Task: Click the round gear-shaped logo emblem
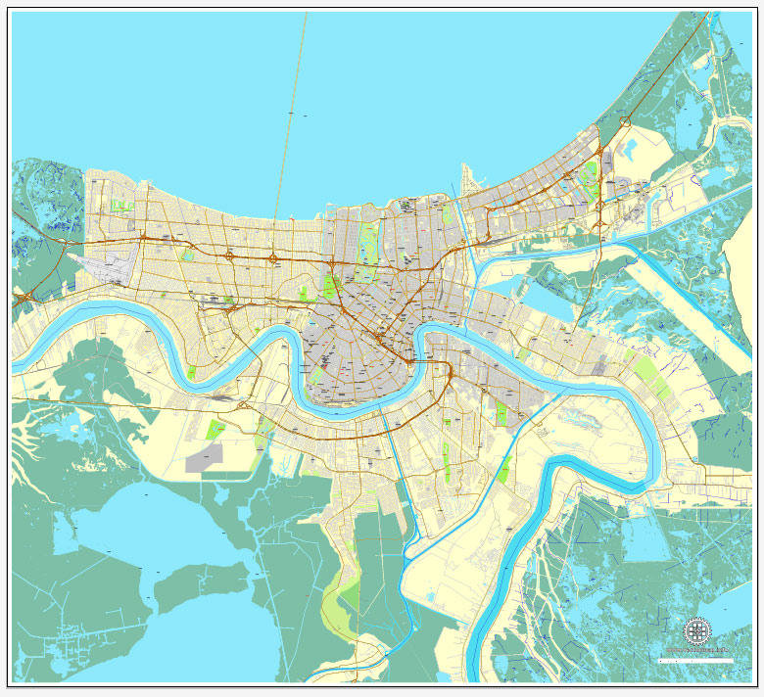coord(696,630)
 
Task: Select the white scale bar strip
coord(697,661)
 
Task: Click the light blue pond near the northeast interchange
coord(629,148)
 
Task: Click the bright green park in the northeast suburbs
coord(590,179)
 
